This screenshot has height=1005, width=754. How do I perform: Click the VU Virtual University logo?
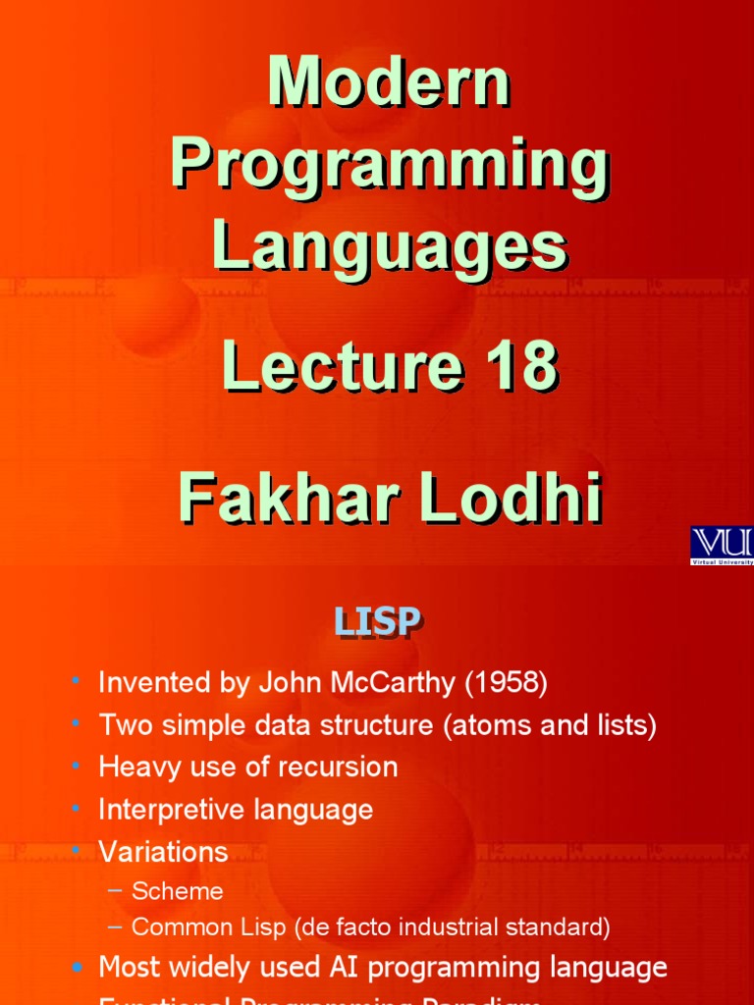722,546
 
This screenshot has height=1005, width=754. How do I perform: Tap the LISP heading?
377,621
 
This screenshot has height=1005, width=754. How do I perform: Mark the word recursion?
342,767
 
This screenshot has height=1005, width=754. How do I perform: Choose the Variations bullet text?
163,851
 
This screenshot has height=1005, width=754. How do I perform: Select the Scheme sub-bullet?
178,891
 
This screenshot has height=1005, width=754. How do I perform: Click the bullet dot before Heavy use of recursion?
77,767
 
